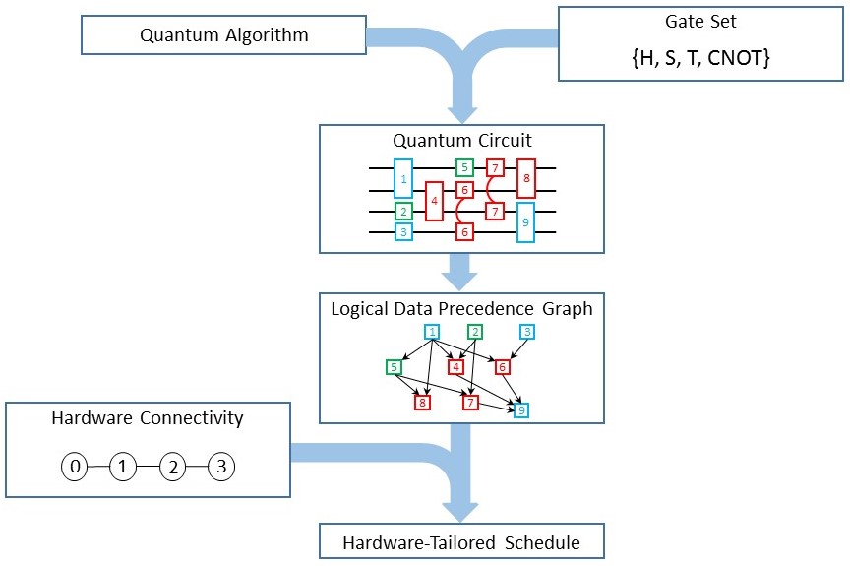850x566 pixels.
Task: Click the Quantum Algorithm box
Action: tap(224, 34)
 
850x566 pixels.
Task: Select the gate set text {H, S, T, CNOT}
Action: tap(700, 57)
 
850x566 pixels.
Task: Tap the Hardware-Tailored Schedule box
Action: tap(461, 541)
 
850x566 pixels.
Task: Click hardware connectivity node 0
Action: tap(75, 467)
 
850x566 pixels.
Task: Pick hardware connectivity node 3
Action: tap(221, 467)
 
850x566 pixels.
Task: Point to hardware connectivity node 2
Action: tap(173, 467)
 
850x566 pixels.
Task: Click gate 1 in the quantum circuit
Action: tap(403, 178)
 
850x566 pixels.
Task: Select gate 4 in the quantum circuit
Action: tap(434, 201)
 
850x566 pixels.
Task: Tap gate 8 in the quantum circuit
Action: tap(526, 178)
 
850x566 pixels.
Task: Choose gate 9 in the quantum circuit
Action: tap(525, 222)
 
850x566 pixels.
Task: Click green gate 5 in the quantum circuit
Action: tap(464, 167)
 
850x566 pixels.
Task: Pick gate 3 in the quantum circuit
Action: tap(403, 232)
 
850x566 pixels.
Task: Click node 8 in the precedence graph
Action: tap(422, 403)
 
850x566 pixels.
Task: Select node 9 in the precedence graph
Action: tap(521, 410)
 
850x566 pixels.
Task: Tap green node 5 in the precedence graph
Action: tap(395, 367)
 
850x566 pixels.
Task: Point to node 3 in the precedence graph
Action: tap(527, 332)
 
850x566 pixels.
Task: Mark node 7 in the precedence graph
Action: tap(470, 403)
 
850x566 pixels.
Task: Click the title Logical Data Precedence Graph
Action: tap(461, 309)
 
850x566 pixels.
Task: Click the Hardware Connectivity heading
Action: tap(148, 418)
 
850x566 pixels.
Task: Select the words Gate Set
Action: tap(700, 21)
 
